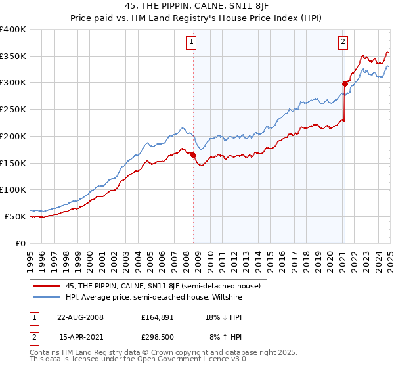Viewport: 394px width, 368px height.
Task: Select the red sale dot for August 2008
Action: [x=193, y=155]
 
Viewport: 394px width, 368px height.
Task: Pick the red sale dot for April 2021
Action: [x=344, y=83]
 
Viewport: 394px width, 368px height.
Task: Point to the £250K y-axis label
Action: [x=13, y=109]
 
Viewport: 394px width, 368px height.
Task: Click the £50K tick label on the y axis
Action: [x=16, y=216]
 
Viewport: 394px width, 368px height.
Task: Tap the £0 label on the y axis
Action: [x=21, y=243]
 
